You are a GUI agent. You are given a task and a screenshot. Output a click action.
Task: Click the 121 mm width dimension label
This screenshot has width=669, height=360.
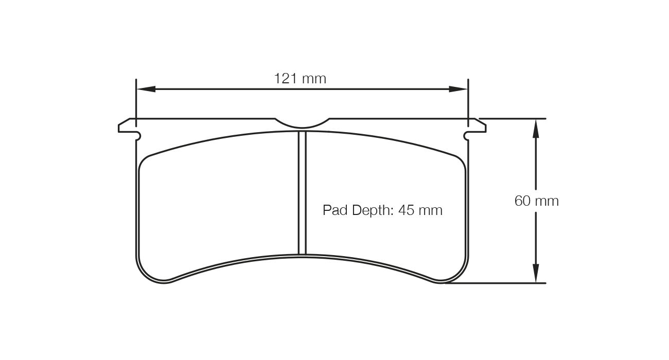(300, 79)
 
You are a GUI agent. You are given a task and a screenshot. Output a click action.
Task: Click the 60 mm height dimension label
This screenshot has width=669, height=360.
(536, 201)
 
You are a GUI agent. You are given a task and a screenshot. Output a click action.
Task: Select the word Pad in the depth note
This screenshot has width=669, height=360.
(335, 210)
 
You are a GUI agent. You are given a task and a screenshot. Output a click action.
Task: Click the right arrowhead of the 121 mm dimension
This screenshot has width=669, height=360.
(458, 89)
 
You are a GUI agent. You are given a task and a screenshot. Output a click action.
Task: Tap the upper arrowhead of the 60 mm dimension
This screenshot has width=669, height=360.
(536, 128)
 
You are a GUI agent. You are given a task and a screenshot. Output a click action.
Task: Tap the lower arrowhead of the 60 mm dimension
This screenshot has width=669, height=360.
(536, 273)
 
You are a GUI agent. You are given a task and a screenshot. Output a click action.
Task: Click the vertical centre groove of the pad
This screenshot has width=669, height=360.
(302, 193)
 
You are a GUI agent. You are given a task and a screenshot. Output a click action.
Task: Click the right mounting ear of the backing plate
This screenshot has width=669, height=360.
(478, 125)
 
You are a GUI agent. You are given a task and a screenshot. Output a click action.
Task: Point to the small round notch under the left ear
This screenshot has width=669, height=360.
(138, 135)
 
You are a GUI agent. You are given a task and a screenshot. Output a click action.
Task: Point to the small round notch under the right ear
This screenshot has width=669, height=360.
(466, 135)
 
